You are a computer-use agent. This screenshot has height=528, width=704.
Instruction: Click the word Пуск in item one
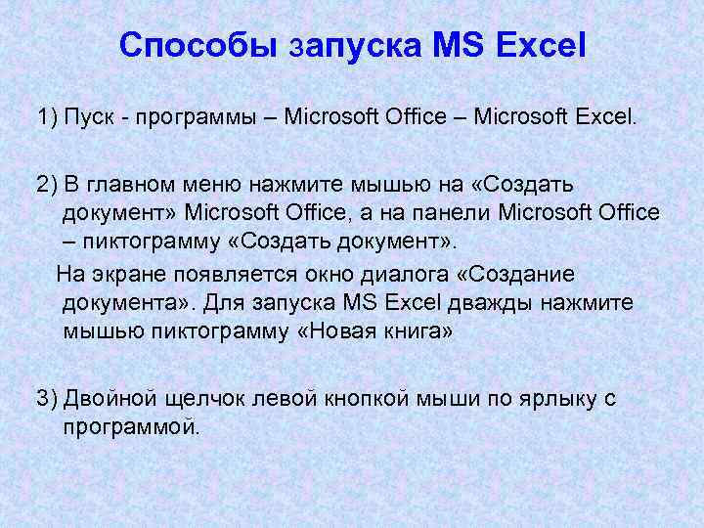(x=92, y=118)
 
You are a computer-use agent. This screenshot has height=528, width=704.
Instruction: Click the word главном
(x=138, y=185)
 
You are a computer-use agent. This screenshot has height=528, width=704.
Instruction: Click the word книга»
(x=418, y=330)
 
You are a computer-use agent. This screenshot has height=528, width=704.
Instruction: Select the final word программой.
(x=130, y=426)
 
